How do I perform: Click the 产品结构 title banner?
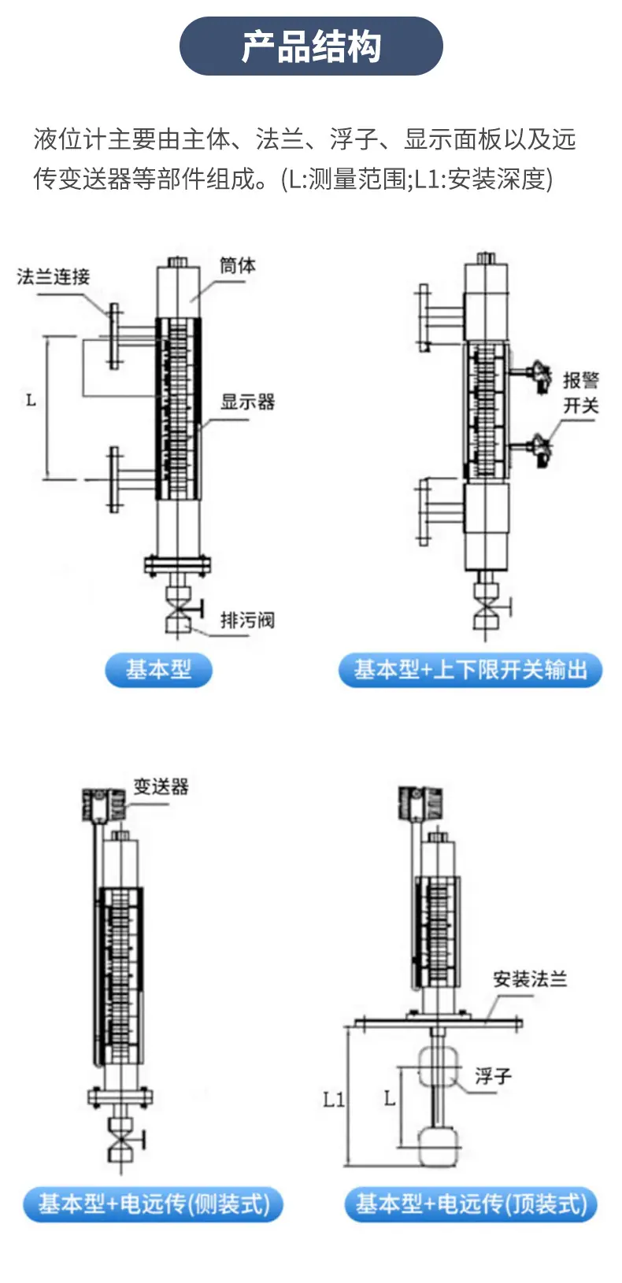(x=311, y=46)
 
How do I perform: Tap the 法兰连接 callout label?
(x=54, y=276)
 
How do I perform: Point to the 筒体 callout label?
(x=238, y=265)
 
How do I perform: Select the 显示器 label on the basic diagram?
(x=248, y=401)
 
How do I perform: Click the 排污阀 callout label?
(x=248, y=619)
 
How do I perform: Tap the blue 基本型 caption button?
(x=159, y=670)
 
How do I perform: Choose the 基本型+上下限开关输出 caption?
(x=471, y=670)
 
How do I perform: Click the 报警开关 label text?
(x=581, y=392)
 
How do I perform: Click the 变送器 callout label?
(x=161, y=786)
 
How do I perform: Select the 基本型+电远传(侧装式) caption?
(x=154, y=1204)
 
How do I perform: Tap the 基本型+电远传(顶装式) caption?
(x=471, y=1204)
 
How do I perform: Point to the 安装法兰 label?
(x=531, y=979)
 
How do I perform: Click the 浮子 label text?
(x=493, y=1075)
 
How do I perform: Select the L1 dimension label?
(x=333, y=1099)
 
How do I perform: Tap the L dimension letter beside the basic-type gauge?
(x=31, y=400)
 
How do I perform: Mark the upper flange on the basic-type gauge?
(x=114, y=335)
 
